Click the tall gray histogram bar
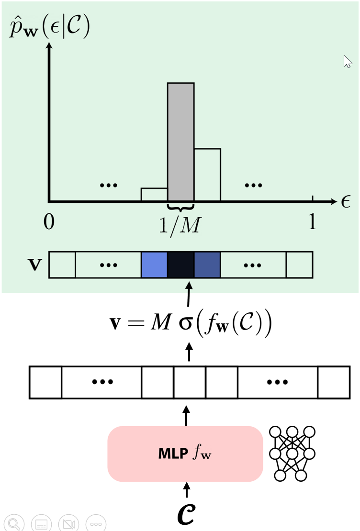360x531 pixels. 180,142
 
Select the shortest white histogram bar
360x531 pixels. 154,194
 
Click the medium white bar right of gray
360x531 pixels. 207,175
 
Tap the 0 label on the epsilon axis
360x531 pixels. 49,222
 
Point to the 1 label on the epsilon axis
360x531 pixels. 312,221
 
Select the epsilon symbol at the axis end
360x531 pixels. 346,201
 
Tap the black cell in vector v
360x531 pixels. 180,265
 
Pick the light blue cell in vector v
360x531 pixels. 154,265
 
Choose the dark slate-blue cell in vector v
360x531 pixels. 207,265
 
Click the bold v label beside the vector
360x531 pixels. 34,265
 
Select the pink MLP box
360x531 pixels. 185,454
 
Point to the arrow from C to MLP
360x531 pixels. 187,490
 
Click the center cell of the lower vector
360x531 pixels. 190,382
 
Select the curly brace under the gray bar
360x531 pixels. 180,207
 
